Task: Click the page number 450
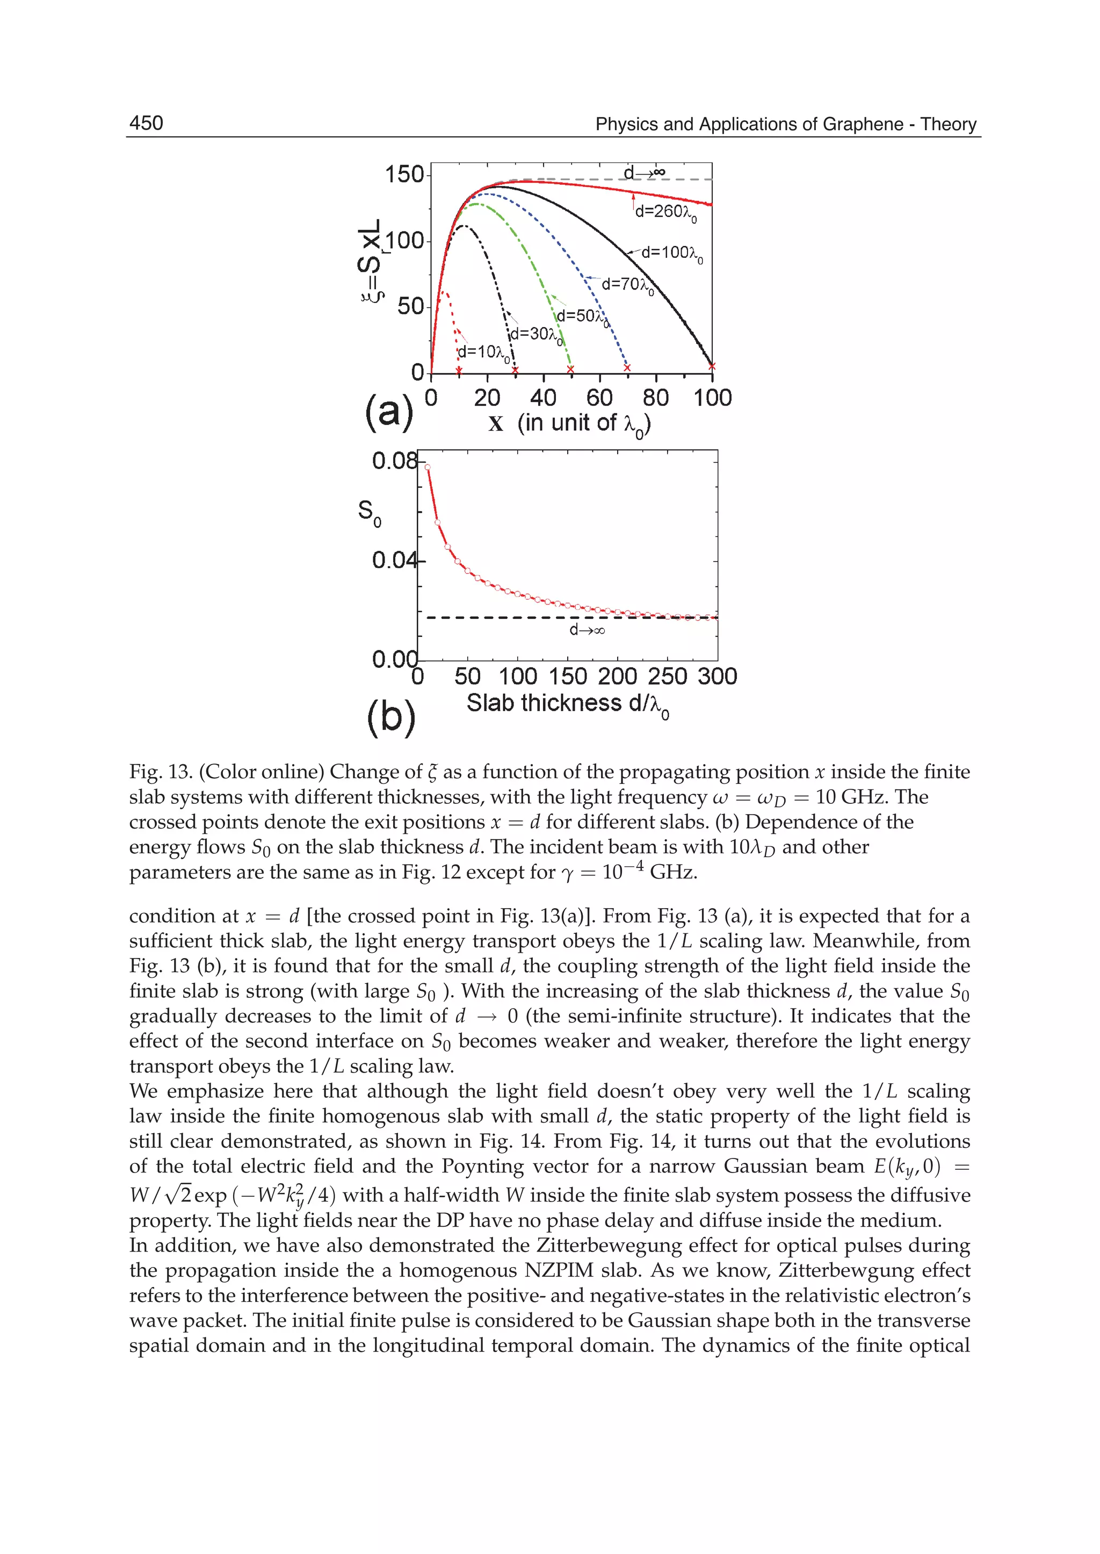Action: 146,124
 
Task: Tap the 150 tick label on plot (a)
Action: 404,175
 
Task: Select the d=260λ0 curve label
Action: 664,213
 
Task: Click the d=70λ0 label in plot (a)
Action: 627,285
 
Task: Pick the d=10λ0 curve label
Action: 483,352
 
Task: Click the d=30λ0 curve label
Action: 536,335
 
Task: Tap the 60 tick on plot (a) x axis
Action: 599,398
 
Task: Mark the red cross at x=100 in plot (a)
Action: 712,366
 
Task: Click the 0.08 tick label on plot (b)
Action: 394,461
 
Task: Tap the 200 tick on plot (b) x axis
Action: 617,677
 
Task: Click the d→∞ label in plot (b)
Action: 587,630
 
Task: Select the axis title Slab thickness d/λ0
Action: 568,704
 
